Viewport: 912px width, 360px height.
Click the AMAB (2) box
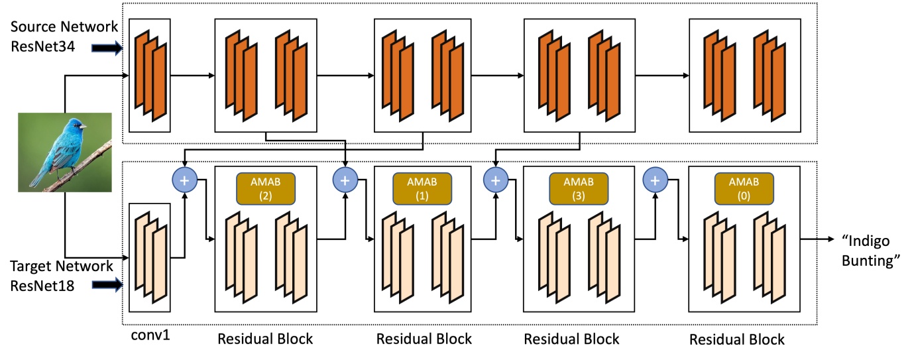[x=265, y=189]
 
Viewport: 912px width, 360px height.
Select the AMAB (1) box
[x=422, y=189]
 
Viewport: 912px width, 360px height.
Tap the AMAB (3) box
[x=571, y=189]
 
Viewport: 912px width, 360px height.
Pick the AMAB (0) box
[x=736, y=189]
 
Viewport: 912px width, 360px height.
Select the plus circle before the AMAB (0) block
[x=655, y=180]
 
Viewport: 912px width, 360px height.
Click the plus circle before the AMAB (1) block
[x=345, y=180]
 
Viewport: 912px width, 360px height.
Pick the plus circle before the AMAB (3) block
[x=494, y=180]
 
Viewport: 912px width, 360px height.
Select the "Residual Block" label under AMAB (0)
[x=736, y=339]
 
